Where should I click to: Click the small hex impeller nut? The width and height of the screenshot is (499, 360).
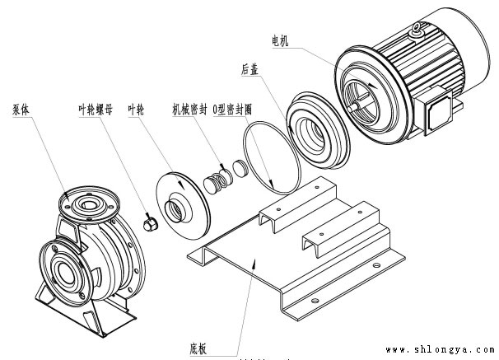click(x=150, y=224)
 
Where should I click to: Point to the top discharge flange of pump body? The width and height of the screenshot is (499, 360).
click(x=85, y=197)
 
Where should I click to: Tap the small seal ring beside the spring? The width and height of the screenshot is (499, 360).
click(x=240, y=169)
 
